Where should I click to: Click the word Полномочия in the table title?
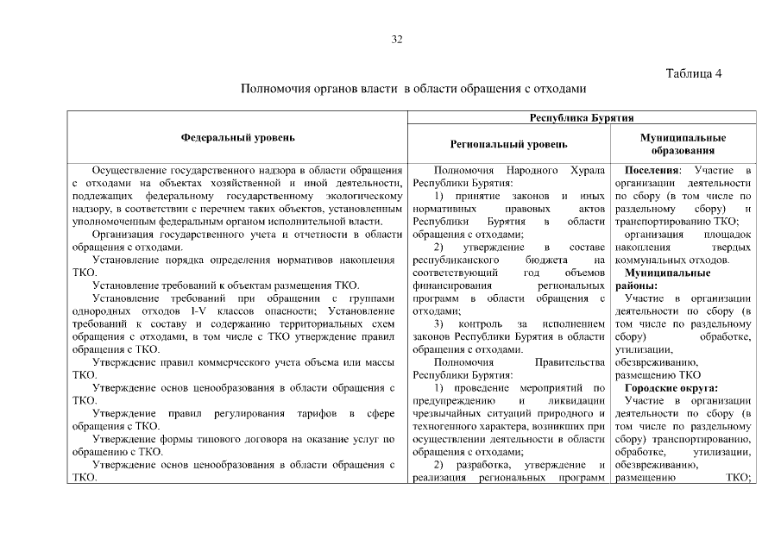[x=276, y=88]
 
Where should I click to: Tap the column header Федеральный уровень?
[x=237, y=138]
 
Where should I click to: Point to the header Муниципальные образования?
[x=683, y=144]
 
